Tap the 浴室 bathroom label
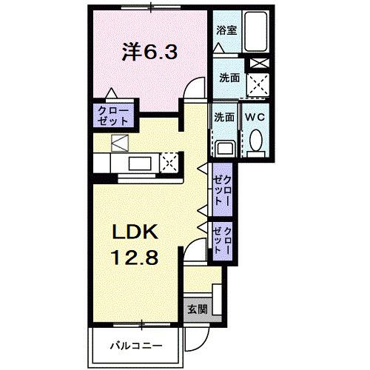coord(226,30)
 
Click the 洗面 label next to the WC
coord(224,117)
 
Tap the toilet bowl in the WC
coord(257,141)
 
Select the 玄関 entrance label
coord(196,309)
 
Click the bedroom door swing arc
coord(195,87)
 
